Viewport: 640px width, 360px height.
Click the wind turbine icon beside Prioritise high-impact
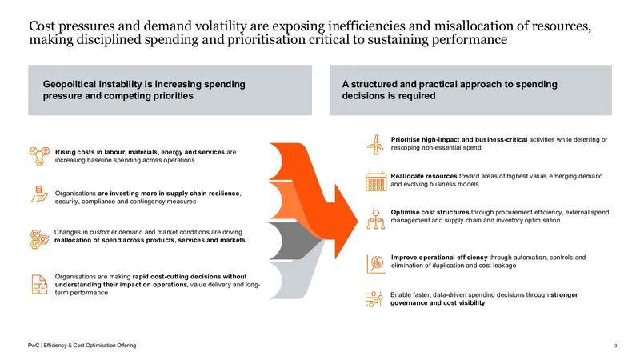(x=375, y=145)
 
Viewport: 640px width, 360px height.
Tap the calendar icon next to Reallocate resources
(x=376, y=182)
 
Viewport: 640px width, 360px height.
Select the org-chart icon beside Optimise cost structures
(x=375, y=219)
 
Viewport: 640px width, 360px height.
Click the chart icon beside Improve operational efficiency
(x=376, y=264)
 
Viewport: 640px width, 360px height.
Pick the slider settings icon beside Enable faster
(x=374, y=299)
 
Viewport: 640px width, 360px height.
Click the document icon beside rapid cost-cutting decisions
(x=39, y=285)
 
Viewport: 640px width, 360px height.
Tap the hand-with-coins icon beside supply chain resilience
(x=39, y=194)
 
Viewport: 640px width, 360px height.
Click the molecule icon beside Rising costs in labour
(x=39, y=156)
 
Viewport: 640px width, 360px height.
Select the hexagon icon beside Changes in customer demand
(x=39, y=239)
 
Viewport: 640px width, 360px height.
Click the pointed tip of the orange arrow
(x=358, y=222)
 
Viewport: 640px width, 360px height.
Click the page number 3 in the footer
(x=615, y=346)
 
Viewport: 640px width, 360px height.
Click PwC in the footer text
(x=34, y=346)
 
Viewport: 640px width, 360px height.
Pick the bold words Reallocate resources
(x=424, y=176)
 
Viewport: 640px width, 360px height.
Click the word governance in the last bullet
(x=409, y=303)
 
